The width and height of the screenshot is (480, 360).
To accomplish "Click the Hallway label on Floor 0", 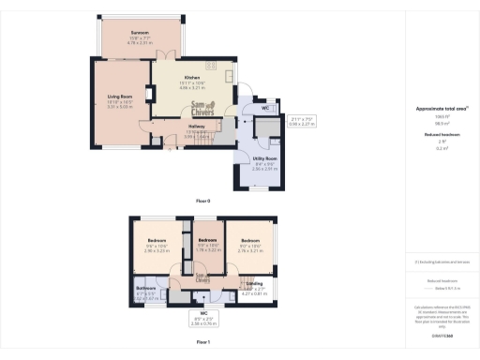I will click(x=197, y=127).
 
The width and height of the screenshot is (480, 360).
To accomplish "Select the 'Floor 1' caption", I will click(x=203, y=342).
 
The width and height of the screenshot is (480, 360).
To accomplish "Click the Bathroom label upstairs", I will click(x=145, y=289).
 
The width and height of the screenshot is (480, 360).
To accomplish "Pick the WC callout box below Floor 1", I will click(x=202, y=319).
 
